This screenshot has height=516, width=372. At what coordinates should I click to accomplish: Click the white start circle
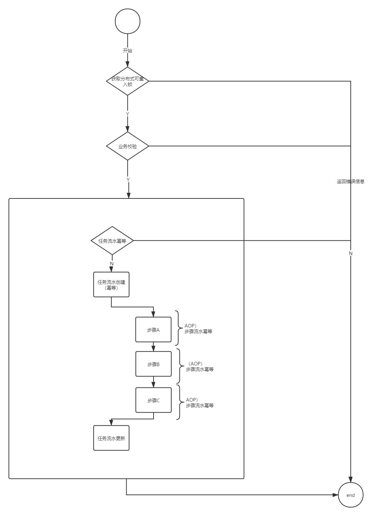128,21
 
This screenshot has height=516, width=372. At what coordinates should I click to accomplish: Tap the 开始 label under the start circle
127,50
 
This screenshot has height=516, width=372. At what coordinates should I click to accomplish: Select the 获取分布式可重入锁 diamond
127,81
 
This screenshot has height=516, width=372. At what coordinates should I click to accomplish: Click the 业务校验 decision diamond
127,146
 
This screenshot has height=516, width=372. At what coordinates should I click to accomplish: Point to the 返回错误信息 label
350,181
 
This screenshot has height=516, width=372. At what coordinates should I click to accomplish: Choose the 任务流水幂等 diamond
112,241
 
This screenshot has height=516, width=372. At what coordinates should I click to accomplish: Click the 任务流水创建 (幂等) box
111,285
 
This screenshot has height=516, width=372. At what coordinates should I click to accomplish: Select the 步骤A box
153,330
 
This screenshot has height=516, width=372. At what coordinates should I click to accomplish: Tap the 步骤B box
154,364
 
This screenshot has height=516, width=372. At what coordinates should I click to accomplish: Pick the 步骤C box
154,400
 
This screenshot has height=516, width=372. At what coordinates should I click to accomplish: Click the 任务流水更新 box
111,438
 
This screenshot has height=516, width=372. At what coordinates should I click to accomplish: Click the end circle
351,495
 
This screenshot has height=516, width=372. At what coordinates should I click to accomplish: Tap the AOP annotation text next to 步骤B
200,366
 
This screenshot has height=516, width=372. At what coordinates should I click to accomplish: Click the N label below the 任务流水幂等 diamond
112,264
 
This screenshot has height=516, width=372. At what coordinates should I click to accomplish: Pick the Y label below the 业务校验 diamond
128,180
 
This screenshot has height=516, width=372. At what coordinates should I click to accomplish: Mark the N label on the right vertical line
351,253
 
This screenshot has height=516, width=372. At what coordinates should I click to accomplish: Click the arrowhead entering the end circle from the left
335,495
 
